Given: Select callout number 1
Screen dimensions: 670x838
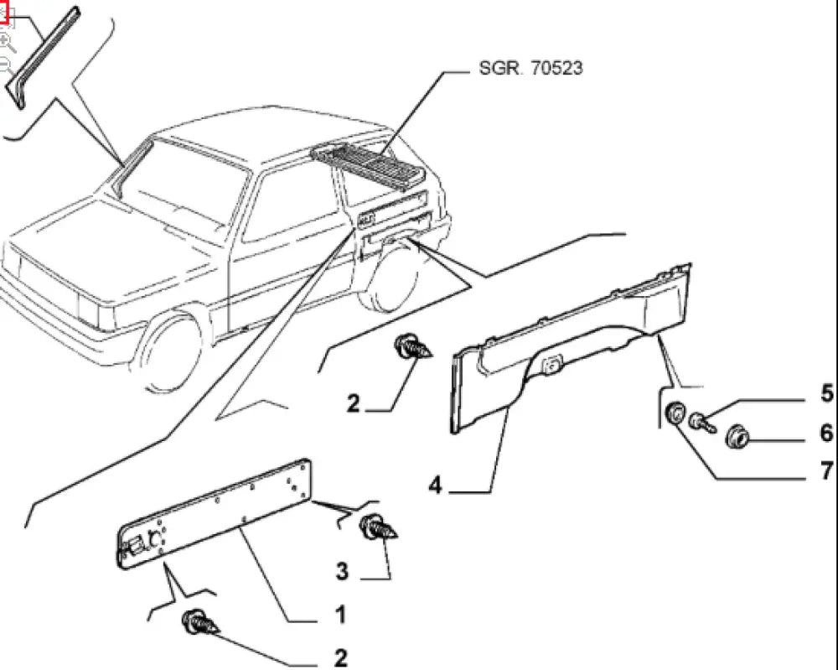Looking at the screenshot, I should [x=339, y=615].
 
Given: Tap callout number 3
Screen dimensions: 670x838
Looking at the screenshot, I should [x=342, y=571].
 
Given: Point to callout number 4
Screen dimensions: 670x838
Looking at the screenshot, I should [x=434, y=485].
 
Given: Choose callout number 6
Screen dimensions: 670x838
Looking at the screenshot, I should [x=825, y=433].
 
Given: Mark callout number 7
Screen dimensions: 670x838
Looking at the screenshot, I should [x=825, y=470].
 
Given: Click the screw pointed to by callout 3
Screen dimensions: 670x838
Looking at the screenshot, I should [x=376, y=528].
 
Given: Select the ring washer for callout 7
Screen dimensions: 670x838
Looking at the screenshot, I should [x=673, y=414].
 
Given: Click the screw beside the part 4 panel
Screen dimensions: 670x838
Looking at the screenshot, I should [x=412, y=346].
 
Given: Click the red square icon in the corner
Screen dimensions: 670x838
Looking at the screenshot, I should [x=4, y=13].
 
